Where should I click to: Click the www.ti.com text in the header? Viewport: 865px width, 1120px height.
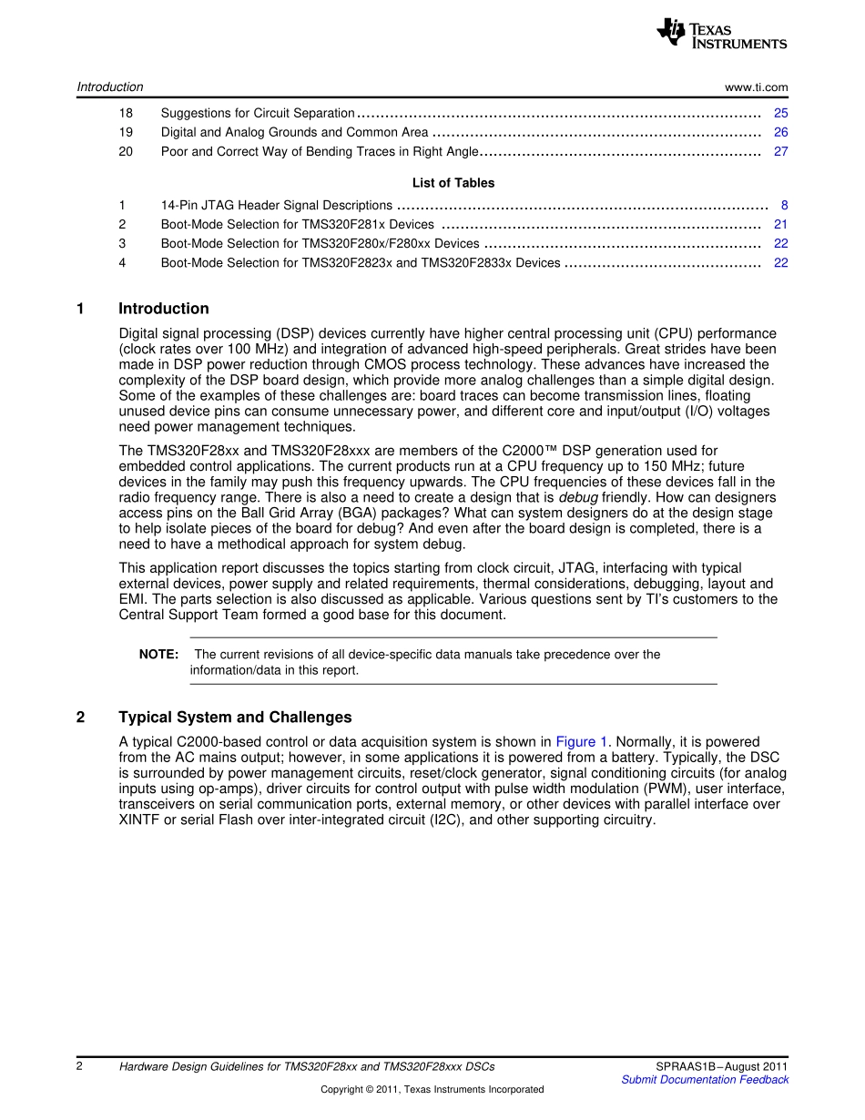[756, 87]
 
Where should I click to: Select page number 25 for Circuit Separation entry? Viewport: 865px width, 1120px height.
[780, 113]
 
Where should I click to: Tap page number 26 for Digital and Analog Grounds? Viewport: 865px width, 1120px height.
[780, 132]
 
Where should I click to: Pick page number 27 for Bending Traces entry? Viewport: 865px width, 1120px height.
[780, 151]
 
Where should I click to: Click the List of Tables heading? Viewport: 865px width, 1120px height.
[453, 183]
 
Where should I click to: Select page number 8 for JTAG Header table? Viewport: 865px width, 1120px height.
[784, 206]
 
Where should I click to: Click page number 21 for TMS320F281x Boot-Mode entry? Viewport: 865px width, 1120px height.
[780, 224]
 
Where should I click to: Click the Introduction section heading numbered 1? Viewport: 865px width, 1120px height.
[163, 309]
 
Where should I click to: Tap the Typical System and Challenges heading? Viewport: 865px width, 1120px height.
[234, 718]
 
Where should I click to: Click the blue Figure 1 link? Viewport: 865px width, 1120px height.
[581, 742]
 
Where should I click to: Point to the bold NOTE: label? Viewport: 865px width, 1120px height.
[158, 655]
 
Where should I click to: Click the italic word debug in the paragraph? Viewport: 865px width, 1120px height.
[577, 498]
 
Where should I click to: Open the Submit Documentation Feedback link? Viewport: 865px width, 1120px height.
[704, 1080]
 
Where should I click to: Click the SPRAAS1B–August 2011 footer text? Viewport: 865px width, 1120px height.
[721, 1066]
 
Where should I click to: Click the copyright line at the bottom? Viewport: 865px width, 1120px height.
[432, 1090]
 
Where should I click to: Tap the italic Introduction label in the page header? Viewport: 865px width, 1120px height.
[110, 87]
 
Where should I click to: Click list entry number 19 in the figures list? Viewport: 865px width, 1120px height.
[126, 132]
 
